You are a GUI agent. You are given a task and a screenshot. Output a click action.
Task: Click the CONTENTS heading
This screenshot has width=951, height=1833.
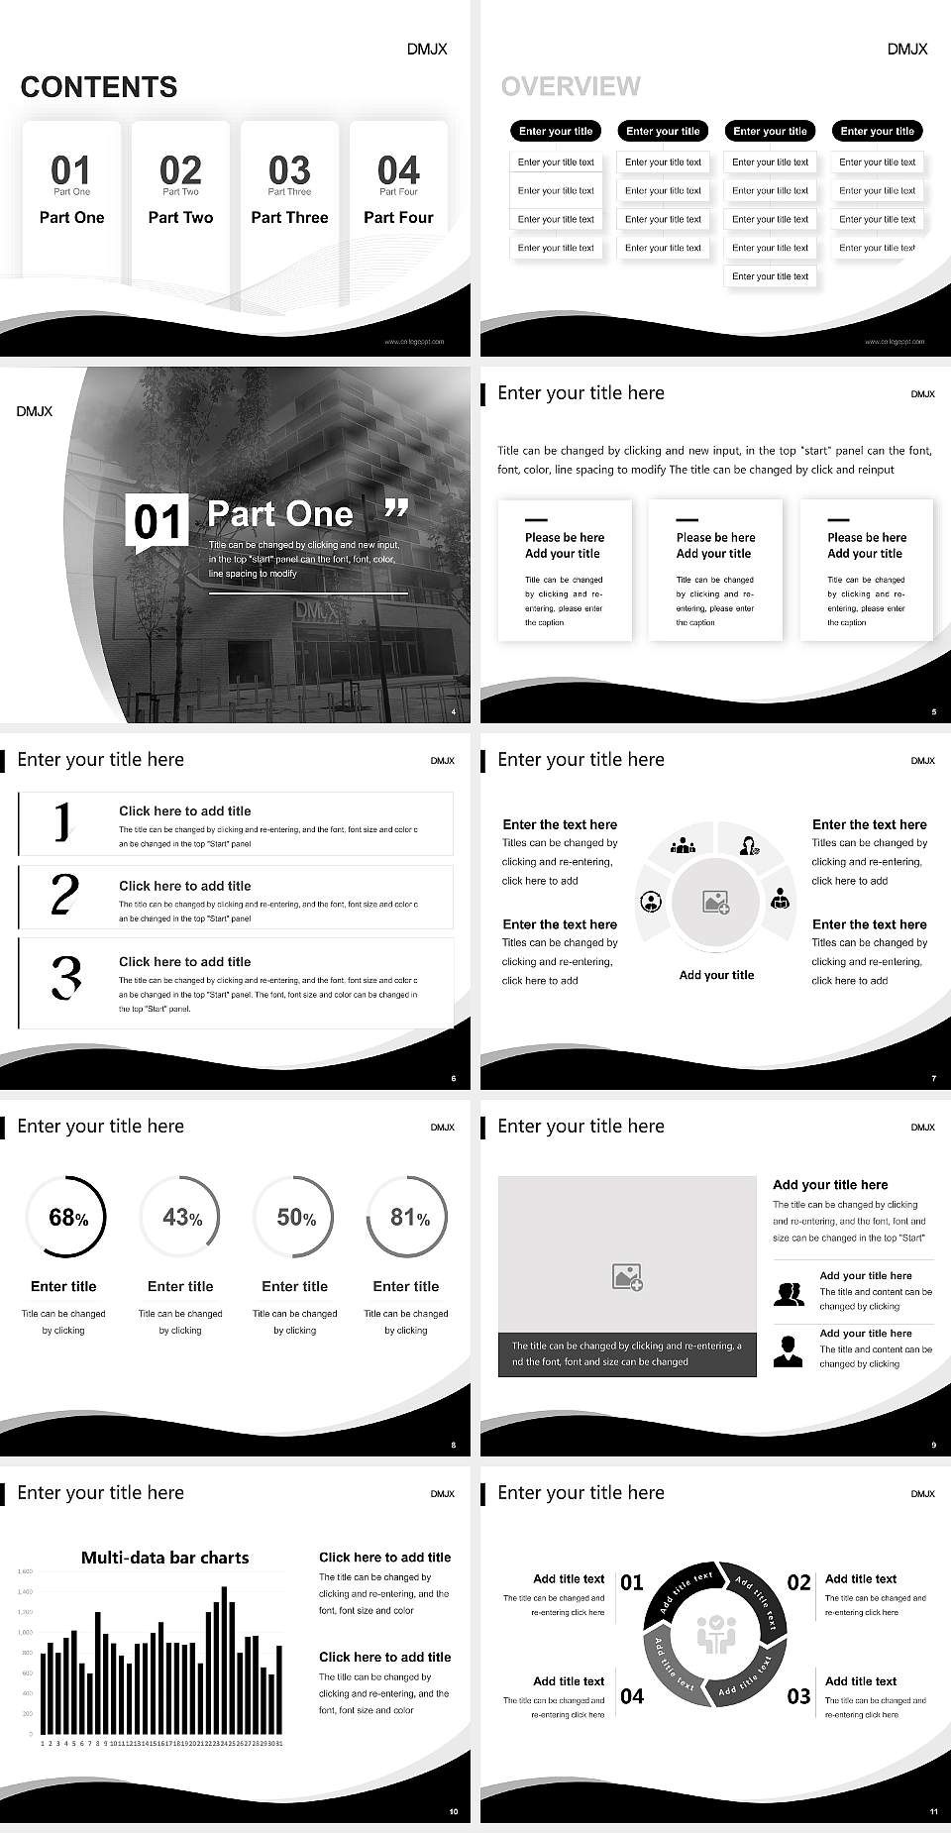[99, 87]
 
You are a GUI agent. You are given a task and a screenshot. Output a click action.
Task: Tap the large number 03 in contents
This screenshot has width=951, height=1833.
[289, 170]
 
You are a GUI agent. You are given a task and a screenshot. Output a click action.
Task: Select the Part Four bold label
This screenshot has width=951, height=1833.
[398, 217]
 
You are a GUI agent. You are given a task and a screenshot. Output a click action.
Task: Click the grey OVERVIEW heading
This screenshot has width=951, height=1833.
[571, 86]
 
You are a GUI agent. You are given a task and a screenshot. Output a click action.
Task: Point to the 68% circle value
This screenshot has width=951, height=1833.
[68, 1218]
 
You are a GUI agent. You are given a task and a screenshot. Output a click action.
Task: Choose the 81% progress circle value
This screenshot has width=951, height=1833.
[409, 1217]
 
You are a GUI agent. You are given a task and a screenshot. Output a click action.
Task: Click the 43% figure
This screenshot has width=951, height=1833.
[182, 1217]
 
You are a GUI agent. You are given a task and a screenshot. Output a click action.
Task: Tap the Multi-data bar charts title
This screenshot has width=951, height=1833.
[164, 1558]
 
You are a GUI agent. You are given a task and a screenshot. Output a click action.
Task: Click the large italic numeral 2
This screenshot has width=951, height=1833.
[64, 895]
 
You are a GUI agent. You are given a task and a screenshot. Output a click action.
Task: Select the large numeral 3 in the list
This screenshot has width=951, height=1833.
[65, 977]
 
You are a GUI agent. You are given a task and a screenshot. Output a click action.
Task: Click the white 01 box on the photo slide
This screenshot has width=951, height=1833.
[158, 521]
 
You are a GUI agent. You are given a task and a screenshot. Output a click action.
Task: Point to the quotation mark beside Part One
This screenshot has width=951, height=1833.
[396, 509]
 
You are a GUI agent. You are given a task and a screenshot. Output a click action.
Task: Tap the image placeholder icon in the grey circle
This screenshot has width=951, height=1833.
[716, 902]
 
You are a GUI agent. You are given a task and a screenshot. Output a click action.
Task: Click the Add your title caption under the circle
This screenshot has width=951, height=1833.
[716, 975]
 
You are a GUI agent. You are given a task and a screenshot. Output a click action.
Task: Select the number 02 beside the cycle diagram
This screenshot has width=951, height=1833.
[798, 1582]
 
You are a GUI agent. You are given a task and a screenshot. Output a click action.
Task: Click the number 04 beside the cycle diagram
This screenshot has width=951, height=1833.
[632, 1696]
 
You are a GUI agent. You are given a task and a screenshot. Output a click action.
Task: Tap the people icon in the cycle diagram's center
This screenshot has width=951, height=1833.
[715, 1634]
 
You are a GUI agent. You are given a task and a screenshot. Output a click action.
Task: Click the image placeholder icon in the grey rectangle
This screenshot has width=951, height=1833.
[627, 1277]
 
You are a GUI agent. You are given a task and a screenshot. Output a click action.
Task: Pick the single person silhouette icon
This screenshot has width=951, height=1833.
[788, 1350]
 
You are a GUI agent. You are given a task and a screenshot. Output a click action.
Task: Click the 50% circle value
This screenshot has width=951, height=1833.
[296, 1217]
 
